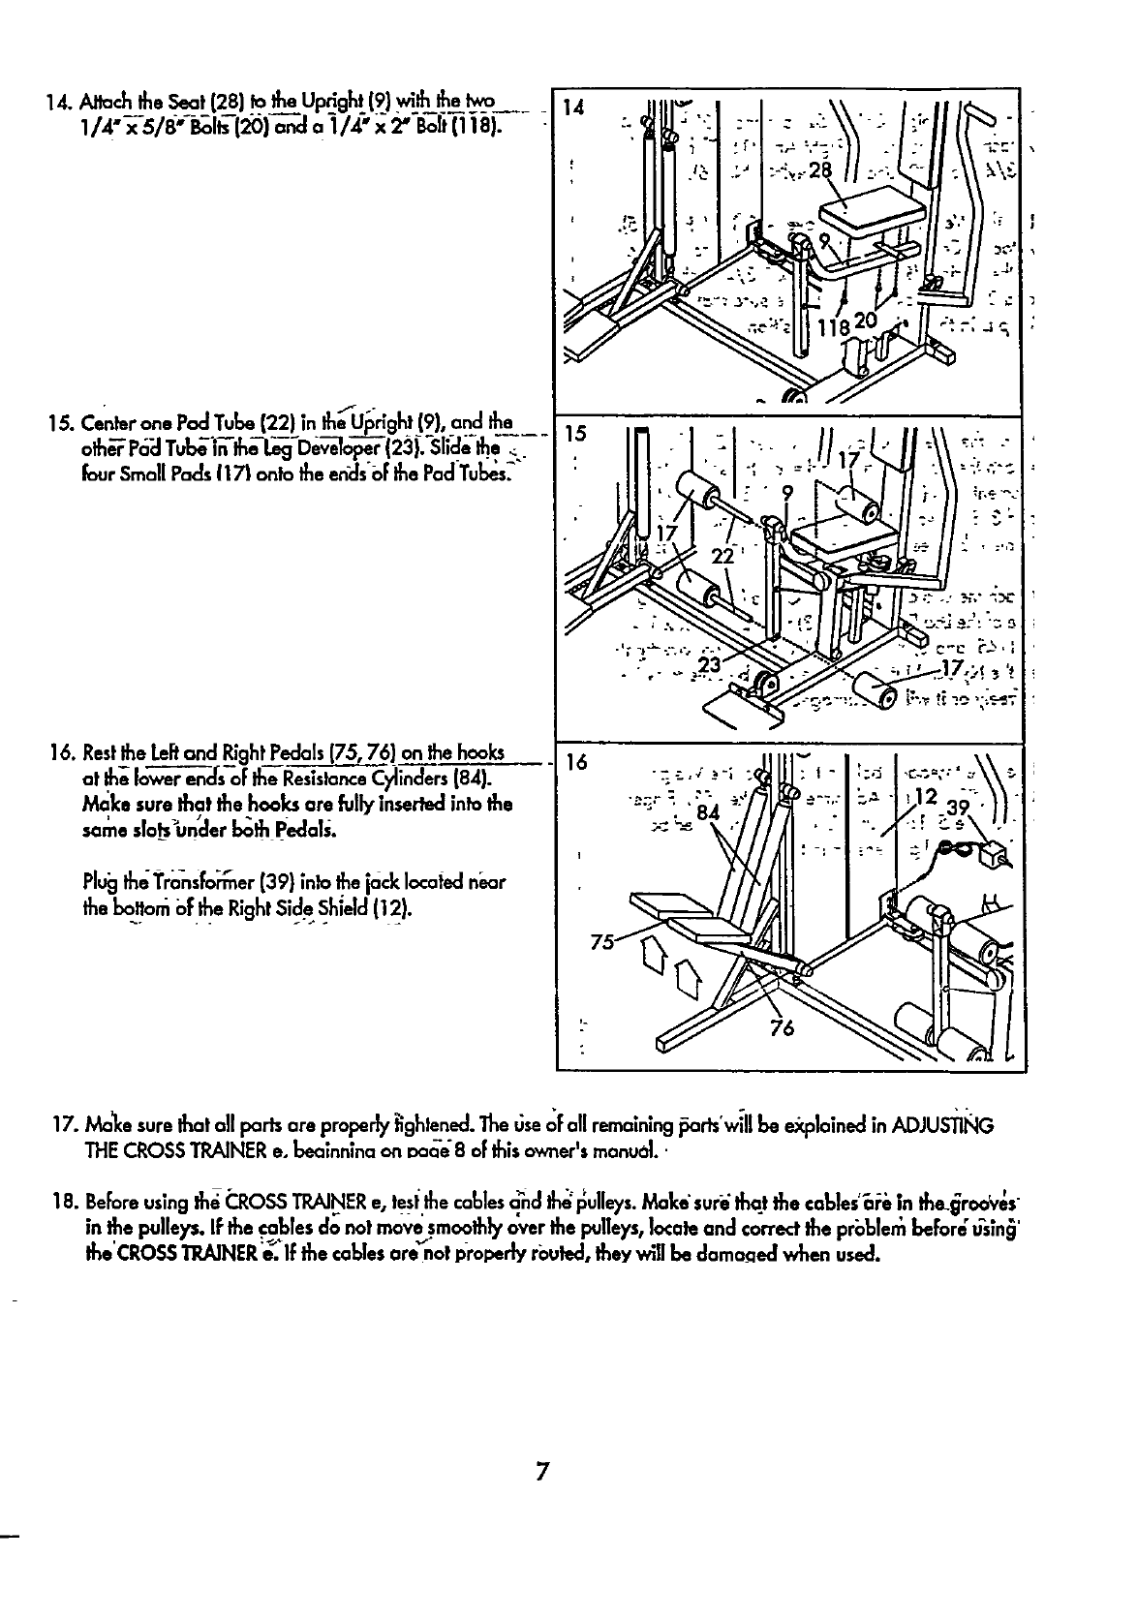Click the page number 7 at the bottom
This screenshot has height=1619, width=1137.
click(x=542, y=1473)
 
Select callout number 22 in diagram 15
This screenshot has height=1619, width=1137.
click(x=722, y=557)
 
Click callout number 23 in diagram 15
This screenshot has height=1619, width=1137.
click(x=710, y=665)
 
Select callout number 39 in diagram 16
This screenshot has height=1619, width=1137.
click(x=957, y=809)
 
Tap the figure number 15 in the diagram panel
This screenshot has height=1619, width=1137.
click(x=575, y=433)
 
